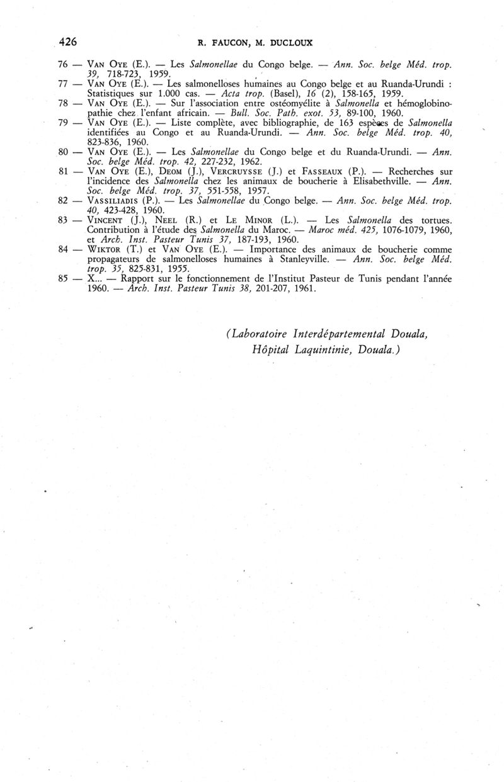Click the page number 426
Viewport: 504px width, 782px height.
pyautogui.click(x=67, y=42)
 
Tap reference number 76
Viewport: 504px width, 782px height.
pyautogui.click(x=62, y=65)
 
